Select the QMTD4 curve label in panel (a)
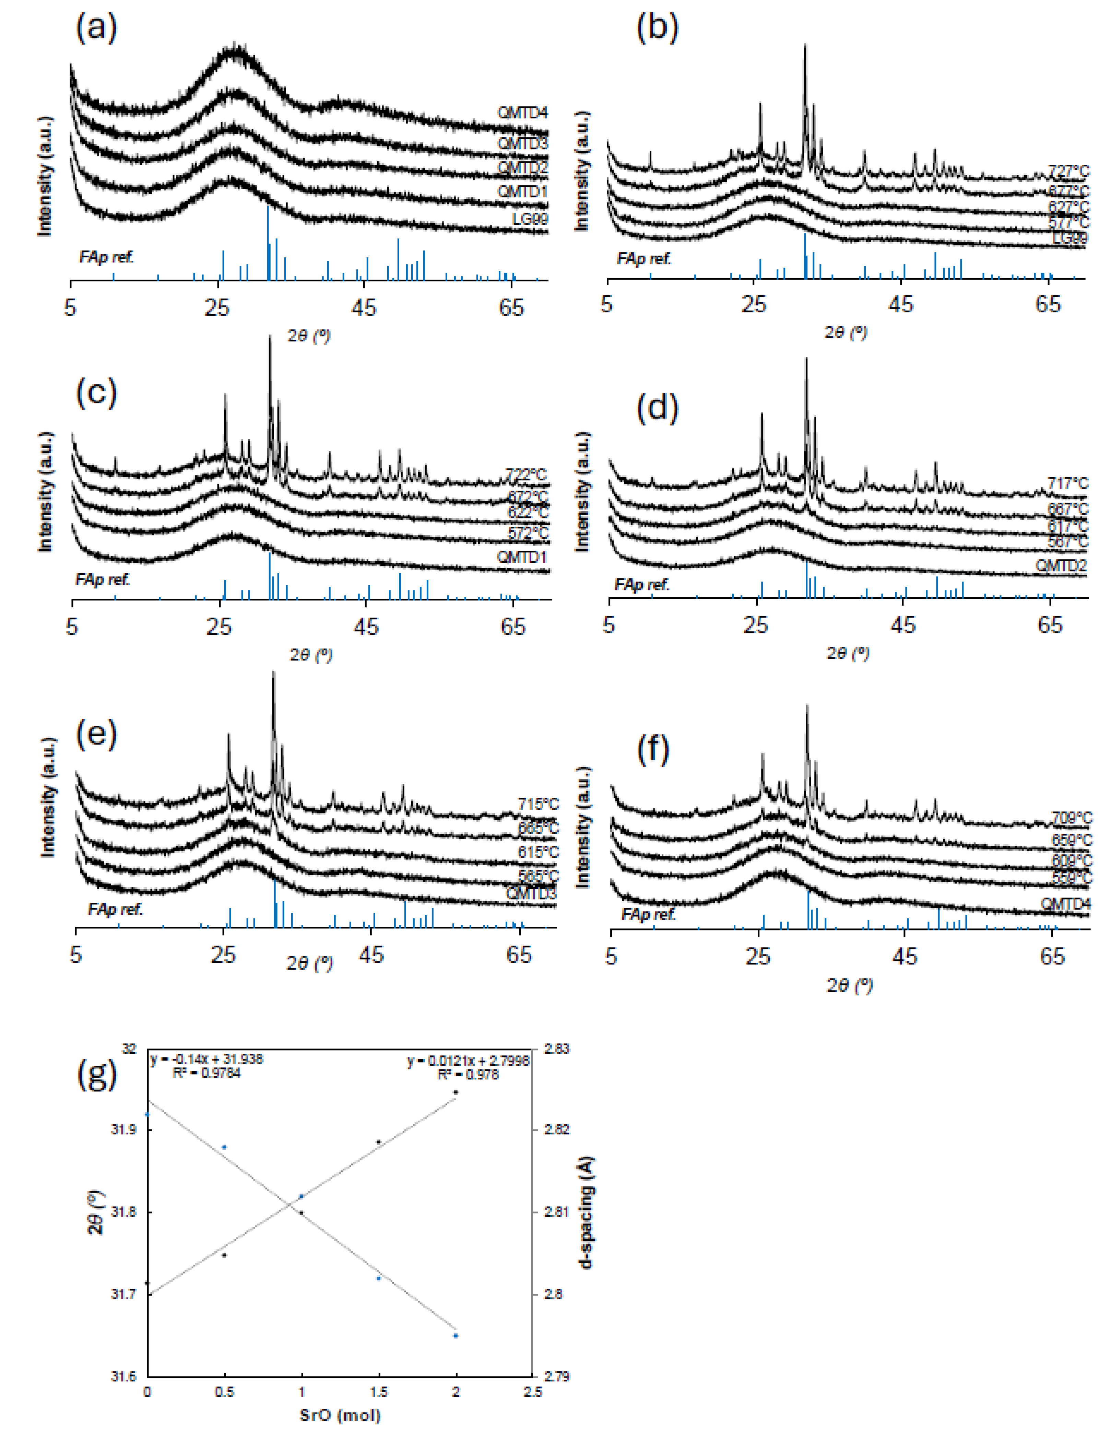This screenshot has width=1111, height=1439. point(522,113)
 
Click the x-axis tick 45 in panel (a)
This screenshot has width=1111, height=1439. point(364,307)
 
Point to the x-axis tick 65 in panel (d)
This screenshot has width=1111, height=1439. point(1050,624)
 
